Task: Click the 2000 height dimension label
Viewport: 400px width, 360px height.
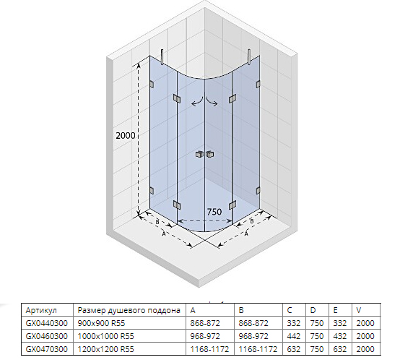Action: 125,135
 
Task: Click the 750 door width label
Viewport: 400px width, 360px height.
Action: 214,212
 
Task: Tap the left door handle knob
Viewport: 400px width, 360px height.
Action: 199,154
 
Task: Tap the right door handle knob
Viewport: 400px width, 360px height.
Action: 210,154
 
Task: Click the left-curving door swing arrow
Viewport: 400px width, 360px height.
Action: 197,102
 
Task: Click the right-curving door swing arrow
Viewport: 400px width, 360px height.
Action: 212,102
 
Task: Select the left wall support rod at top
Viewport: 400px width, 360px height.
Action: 162,56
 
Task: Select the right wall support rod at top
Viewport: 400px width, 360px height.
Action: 248,56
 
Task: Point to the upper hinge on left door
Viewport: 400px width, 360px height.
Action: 177,98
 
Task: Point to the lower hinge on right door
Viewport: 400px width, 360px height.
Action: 232,205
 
